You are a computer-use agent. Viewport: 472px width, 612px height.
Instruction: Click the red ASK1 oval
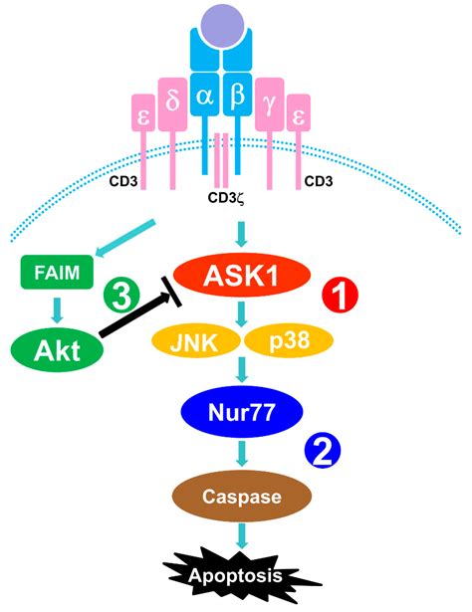pos(242,276)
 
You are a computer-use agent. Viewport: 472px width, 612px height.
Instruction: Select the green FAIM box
pos(57,272)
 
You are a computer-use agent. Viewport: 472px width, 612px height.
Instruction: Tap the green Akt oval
pos(57,349)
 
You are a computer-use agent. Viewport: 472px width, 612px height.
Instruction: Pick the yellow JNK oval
pos(195,340)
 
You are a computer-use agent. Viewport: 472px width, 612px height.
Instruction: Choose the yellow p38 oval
pos(290,340)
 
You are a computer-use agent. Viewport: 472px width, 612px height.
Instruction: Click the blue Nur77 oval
pos(242,412)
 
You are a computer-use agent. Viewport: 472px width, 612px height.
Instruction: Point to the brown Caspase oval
pos(242,497)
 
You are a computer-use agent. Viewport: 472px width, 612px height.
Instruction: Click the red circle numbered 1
pos(340,295)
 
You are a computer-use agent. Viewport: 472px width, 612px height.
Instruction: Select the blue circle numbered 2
pos(323,451)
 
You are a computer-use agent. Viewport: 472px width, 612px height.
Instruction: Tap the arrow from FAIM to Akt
pos(58,310)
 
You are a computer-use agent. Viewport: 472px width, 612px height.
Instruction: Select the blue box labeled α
pos(204,95)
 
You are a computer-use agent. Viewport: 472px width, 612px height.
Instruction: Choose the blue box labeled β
pos(237,95)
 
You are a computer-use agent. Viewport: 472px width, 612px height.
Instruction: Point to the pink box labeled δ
pos(172,104)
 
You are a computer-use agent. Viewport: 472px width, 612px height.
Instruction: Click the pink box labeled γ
pos(270,104)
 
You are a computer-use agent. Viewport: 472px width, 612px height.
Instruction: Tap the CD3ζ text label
pos(226,198)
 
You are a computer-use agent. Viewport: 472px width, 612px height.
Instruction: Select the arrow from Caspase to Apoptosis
pos(242,536)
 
